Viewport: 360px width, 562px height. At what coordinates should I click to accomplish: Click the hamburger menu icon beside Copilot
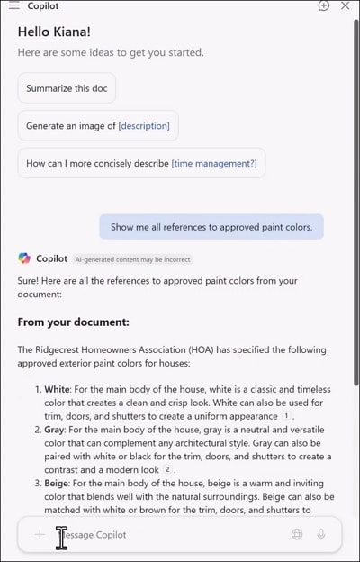coord(13,5)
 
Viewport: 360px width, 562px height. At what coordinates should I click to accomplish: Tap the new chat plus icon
coord(324,5)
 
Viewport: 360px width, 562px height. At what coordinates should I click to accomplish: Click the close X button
coord(345,5)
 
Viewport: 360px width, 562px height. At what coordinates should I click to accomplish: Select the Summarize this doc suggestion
coord(67,88)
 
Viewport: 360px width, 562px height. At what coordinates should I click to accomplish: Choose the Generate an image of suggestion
coord(97,126)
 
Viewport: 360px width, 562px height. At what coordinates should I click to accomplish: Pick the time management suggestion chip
coord(141,164)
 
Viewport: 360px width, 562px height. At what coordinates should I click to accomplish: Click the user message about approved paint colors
coord(211,227)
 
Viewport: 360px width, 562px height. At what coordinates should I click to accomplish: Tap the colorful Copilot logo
coord(24,258)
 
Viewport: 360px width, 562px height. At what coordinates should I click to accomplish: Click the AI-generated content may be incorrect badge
coord(132,259)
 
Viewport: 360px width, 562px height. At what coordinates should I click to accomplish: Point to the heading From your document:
coord(74,322)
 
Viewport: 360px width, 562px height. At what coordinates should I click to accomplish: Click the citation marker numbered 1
coord(286,416)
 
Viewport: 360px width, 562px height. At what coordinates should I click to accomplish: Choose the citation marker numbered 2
coord(167,470)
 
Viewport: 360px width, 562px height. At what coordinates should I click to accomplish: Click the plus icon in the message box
coord(40,534)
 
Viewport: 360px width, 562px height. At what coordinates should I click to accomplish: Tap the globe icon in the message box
coord(297,534)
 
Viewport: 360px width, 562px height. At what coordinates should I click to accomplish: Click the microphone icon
coord(321,534)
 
